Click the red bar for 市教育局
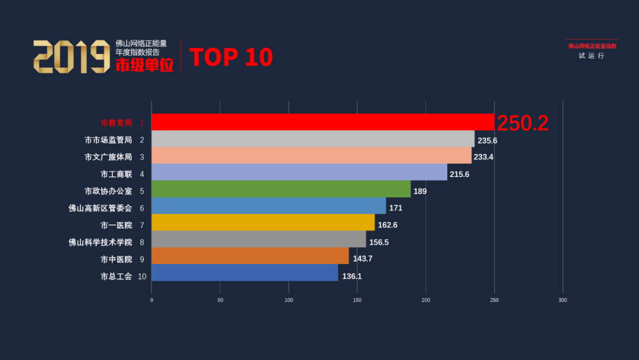[322, 122]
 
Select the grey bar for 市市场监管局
[313, 139]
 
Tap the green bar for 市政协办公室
[281, 189]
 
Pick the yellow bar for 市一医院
[263, 223]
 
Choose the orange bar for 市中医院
[250, 256]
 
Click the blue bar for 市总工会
[245, 273]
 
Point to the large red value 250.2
[522, 123]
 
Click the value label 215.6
[459, 174]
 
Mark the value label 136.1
[351, 276]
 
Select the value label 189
[420, 191]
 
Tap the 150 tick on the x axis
[357, 300]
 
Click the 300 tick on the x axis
[563, 300]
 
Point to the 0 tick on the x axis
[151, 300]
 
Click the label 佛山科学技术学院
[100, 242]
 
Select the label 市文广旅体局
[108, 157]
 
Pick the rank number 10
[142, 276]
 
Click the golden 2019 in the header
[71, 57]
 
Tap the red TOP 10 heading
[231, 57]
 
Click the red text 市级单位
[144, 65]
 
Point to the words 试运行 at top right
[592, 56]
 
